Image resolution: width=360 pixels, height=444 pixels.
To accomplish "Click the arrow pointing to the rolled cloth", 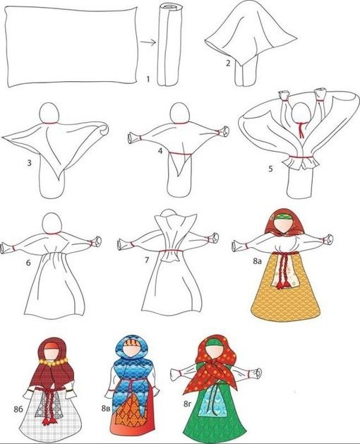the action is [x=148, y=43].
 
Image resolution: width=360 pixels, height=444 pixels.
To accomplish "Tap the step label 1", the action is [x=148, y=79].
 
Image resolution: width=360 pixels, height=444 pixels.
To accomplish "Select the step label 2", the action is [x=228, y=63].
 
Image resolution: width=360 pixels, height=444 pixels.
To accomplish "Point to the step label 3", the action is [x=29, y=163].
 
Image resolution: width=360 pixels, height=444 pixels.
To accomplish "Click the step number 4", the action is [x=160, y=151].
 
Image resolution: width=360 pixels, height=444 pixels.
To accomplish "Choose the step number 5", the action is [x=270, y=169].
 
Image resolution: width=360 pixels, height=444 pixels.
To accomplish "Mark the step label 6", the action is [x=28, y=263].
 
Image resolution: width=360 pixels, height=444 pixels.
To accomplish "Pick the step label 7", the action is [x=146, y=260].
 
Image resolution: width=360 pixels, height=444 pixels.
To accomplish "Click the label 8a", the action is [x=257, y=261].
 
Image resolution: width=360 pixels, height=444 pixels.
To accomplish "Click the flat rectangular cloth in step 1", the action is [x=72, y=45].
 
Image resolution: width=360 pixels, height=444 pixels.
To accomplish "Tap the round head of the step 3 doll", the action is [x=49, y=112].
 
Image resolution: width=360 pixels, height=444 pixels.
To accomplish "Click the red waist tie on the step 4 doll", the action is [x=181, y=154].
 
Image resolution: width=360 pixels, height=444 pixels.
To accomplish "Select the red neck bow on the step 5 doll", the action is [x=301, y=128].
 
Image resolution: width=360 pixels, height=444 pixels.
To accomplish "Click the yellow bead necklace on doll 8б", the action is [x=54, y=361].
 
